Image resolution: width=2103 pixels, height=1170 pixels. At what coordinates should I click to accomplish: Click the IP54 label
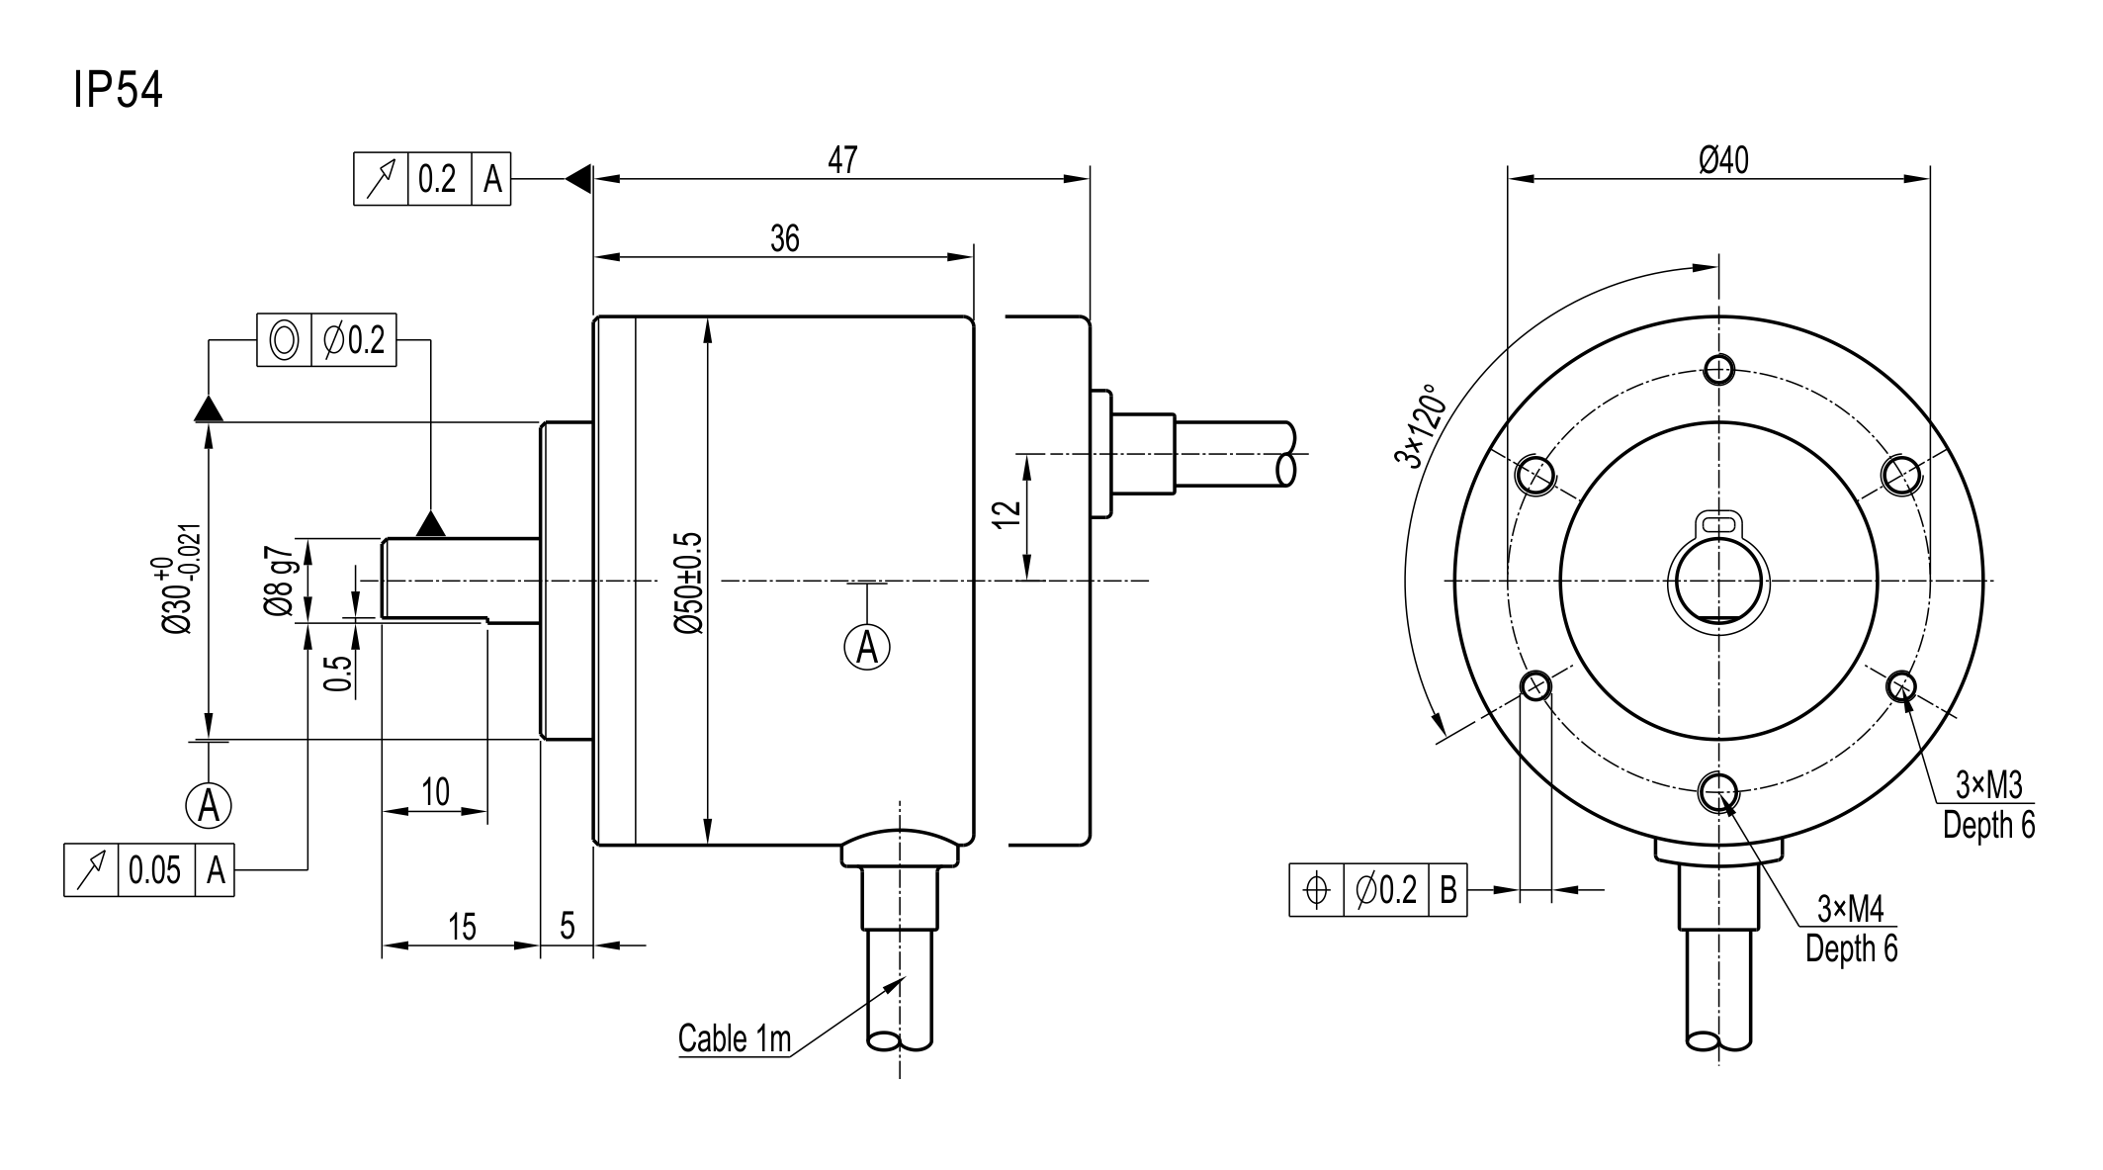tap(118, 91)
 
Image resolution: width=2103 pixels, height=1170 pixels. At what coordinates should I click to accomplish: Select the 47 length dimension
tap(842, 160)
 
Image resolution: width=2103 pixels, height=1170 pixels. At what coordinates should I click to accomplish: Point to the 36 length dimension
tap(784, 238)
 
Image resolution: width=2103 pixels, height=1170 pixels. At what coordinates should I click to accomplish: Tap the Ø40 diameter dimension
tap(1723, 160)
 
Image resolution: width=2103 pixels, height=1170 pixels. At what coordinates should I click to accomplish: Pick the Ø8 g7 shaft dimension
tap(279, 582)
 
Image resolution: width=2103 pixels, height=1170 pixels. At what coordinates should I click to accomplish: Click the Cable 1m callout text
tap(735, 1038)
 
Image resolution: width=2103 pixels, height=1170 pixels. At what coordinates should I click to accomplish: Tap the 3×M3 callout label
tap(1989, 785)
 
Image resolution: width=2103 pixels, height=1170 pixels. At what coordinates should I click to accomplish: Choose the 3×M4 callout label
tap(1851, 908)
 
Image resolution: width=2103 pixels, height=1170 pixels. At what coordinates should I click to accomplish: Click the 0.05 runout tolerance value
tap(155, 870)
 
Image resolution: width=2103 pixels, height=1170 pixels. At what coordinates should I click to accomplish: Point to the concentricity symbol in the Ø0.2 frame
tap(284, 340)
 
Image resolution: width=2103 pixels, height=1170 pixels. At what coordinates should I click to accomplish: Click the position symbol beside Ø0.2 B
tap(1317, 890)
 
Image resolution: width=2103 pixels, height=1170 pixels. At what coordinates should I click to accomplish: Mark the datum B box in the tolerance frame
tap(1447, 890)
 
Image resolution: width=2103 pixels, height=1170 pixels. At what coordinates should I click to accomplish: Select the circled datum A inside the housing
tap(867, 648)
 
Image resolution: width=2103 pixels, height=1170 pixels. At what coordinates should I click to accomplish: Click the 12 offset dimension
tap(1006, 514)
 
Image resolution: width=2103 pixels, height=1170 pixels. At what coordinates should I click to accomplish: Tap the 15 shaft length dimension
tap(462, 928)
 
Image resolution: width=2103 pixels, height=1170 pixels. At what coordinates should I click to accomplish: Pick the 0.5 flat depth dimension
tap(338, 673)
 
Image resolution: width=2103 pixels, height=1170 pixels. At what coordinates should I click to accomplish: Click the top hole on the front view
tap(1719, 370)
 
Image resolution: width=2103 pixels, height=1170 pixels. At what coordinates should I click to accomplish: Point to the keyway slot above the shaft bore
tap(1718, 521)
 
